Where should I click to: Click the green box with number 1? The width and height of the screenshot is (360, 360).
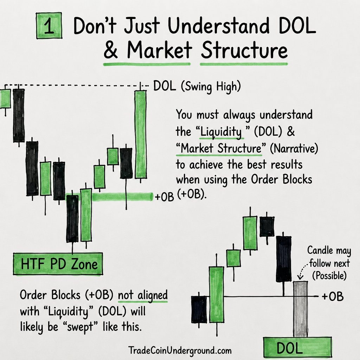(x=49, y=25)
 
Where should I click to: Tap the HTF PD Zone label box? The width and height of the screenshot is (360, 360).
(x=58, y=264)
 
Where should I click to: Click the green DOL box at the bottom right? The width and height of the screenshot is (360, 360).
(x=297, y=348)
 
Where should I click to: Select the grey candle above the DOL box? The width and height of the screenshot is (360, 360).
(x=300, y=309)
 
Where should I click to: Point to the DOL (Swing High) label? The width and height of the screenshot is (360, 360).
(x=197, y=87)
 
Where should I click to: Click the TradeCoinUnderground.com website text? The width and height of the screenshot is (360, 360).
(x=180, y=351)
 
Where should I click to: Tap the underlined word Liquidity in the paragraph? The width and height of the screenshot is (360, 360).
(x=221, y=132)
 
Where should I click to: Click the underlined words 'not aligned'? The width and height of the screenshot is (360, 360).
(x=143, y=295)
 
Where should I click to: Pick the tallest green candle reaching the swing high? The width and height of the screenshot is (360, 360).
(x=141, y=134)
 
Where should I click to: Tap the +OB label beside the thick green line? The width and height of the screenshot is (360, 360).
(x=165, y=197)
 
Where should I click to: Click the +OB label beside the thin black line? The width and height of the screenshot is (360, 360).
(x=333, y=296)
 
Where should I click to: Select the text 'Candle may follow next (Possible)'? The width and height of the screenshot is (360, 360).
(x=329, y=263)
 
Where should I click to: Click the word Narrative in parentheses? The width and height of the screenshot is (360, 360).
(x=294, y=148)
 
